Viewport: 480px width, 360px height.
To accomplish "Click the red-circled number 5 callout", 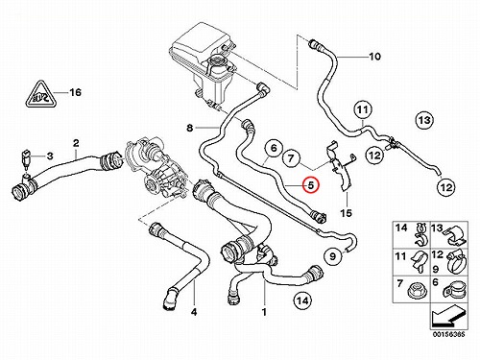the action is pos(311,185).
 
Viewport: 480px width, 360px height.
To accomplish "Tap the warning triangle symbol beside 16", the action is pos(40,94).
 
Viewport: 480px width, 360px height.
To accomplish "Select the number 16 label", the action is pos(76,92).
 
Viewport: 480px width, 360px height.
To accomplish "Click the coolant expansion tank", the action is pos(204,56).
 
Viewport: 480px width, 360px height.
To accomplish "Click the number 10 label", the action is pos(374,57).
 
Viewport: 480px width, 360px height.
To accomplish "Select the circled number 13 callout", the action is pos(424,120).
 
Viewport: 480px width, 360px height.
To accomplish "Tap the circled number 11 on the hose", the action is pos(362,110).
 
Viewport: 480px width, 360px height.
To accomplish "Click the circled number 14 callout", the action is pos(302,300).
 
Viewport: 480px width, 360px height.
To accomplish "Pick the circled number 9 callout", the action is pos(333,256).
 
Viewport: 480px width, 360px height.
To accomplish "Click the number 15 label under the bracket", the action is pos(347,213).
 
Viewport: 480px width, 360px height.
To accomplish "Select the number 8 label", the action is pos(190,129).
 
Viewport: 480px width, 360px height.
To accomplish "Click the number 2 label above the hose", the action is pos(76,143).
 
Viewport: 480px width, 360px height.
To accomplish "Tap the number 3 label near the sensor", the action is pos(50,156).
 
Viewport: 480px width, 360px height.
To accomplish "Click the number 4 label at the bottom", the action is pos(194,311).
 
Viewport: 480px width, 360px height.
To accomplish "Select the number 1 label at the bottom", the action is pos(264,311).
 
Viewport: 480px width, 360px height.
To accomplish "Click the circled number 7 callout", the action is pos(291,158).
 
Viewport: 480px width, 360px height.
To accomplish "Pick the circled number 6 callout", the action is pos(274,148).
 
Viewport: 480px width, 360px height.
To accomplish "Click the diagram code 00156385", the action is pos(448,335).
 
